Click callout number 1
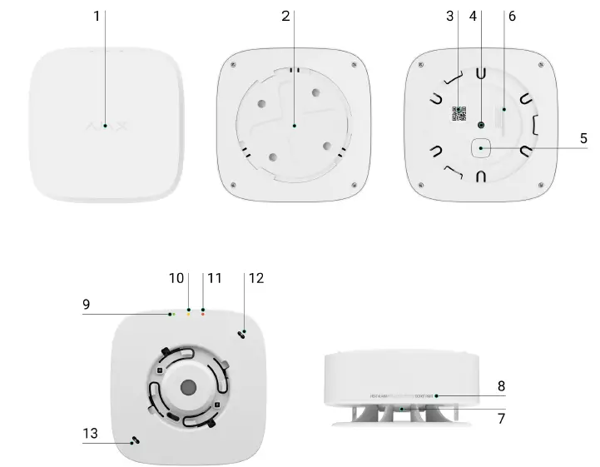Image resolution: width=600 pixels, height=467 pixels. tap(97, 16)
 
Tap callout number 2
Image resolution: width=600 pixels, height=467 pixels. tap(286, 16)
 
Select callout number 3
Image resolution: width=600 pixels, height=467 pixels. tap(450, 16)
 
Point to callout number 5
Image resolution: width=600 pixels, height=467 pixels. tap(583, 138)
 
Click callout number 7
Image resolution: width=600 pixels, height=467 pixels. tap(501, 419)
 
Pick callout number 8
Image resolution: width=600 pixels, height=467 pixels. tap(501, 386)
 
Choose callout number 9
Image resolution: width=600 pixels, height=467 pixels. tap(86, 305)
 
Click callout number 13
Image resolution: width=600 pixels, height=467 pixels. tap(91, 433)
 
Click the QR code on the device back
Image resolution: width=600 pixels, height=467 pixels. tap(459, 114)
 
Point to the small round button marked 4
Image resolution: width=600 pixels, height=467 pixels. tap(482, 123)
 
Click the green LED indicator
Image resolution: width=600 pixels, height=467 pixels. tap(171, 315)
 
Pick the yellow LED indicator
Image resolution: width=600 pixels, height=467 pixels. tap(188, 315)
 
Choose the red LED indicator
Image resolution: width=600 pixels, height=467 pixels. tap(203, 315)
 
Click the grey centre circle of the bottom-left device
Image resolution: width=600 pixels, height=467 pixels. tap(188, 387)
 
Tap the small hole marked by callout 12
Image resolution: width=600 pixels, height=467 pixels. tap(242, 333)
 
